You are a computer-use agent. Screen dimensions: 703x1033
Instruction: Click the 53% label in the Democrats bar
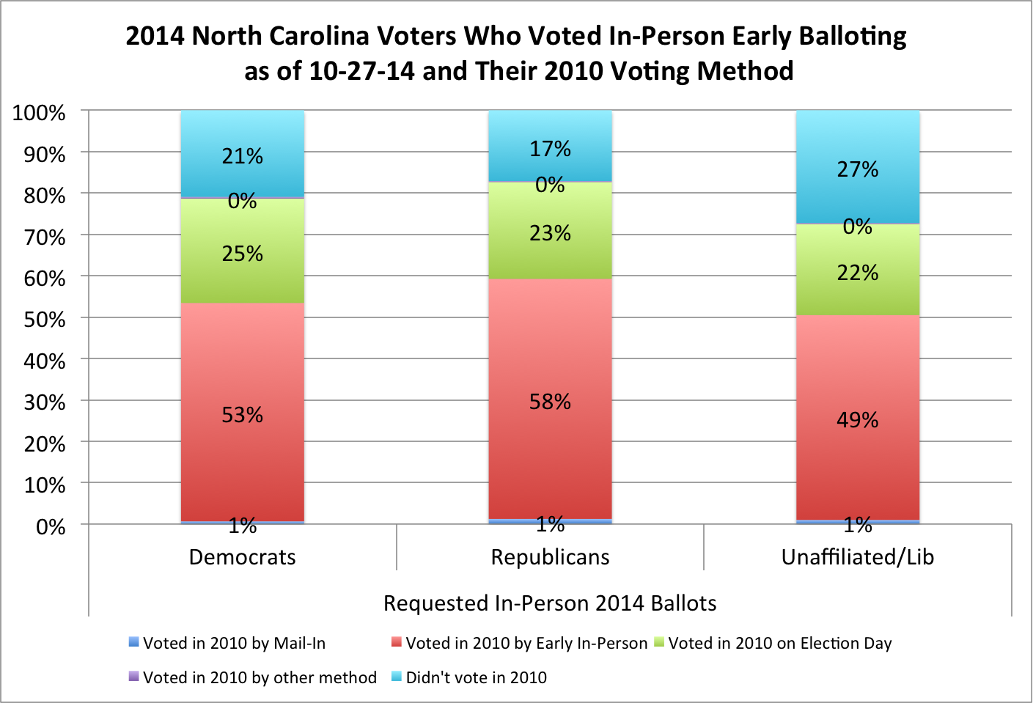(242, 415)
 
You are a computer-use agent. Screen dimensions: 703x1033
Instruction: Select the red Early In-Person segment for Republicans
(550, 352)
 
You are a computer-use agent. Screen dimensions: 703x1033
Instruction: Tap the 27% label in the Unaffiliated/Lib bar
(857, 169)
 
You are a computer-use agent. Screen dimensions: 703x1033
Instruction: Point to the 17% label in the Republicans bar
(550, 149)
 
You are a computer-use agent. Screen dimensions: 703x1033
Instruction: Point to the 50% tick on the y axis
(45, 320)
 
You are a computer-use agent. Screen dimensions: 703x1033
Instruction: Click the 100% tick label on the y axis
(40, 113)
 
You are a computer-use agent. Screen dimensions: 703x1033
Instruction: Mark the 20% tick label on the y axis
(45, 444)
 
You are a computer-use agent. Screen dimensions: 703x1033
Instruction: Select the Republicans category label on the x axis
(550, 557)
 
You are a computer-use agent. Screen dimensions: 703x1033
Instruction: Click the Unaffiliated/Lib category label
(857, 557)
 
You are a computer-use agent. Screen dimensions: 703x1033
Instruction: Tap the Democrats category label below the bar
(242, 557)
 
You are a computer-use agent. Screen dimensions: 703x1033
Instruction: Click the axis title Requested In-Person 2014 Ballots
(550, 603)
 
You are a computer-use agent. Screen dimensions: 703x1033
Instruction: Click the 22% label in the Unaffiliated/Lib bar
(857, 273)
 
